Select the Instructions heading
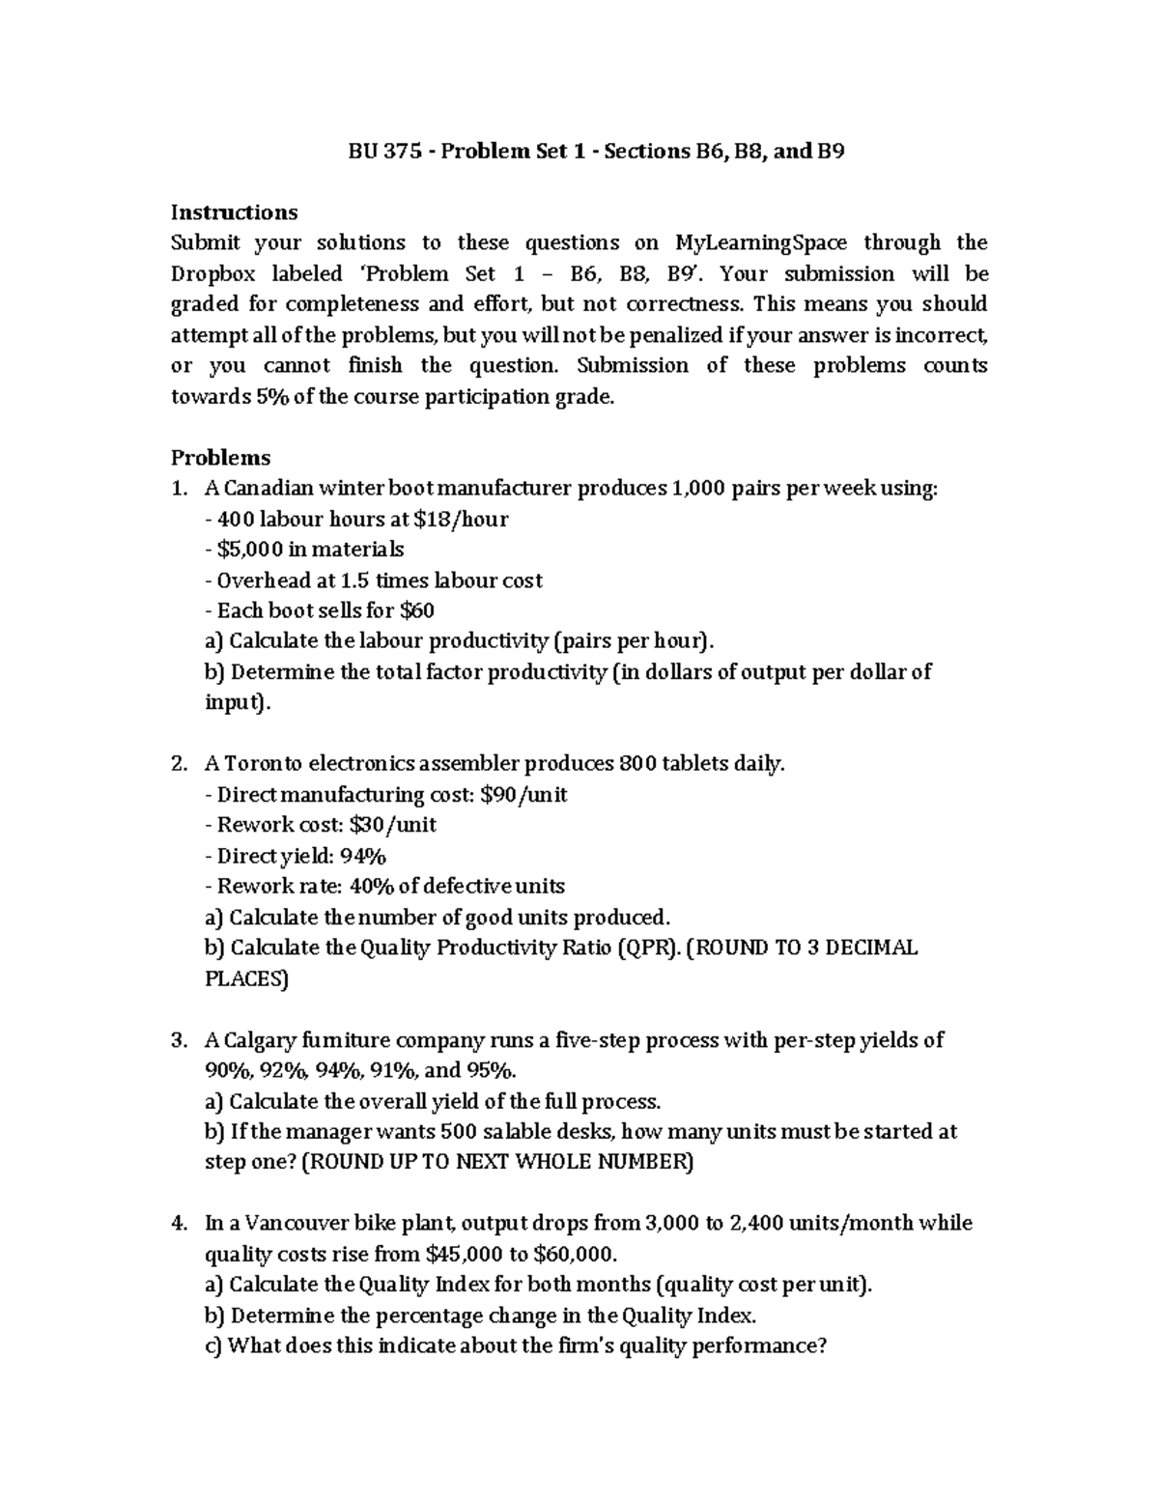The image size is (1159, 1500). click(x=234, y=212)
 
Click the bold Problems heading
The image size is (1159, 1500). click(x=220, y=457)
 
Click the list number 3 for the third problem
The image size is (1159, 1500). click(x=178, y=1040)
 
